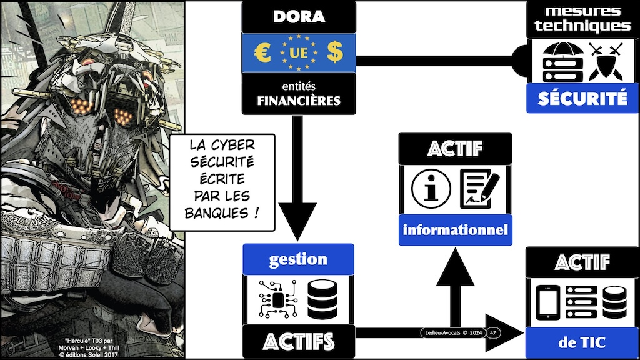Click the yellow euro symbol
click(x=262, y=52)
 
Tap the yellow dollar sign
click(x=335, y=52)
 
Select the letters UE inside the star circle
click(x=298, y=53)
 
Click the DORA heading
click(x=299, y=17)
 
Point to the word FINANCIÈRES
click(x=299, y=101)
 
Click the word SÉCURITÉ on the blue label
click(x=582, y=98)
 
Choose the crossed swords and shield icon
click(x=606, y=61)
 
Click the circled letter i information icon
click(x=431, y=189)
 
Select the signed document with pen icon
click(x=480, y=189)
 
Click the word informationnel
click(x=456, y=230)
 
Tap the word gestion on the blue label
click(x=298, y=259)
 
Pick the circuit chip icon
click(x=278, y=299)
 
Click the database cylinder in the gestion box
click(x=322, y=299)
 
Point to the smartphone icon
click(x=547, y=302)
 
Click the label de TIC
click(x=582, y=342)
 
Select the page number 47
click(x=493, y=333)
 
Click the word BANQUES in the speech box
click(x=216, y=213)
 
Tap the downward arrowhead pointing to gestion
click(x=297, y=221)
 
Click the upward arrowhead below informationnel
click(x=456, y=267)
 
